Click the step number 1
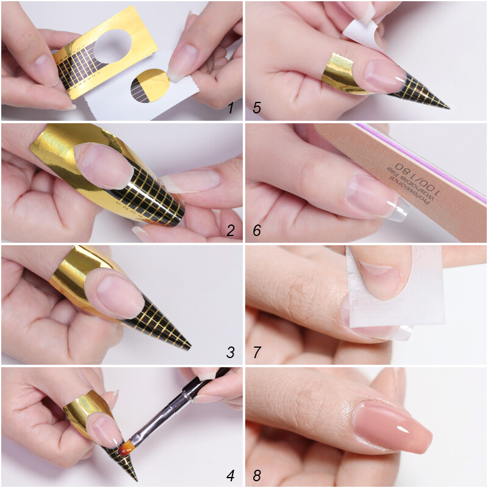coord(231,109)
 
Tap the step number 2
coord(231,230)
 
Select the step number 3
coord(231,352)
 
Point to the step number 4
coord(231,474)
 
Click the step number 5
coord(257,109)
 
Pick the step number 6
coord(257,230)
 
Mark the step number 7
coord(257,352)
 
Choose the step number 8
coord(257,474)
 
